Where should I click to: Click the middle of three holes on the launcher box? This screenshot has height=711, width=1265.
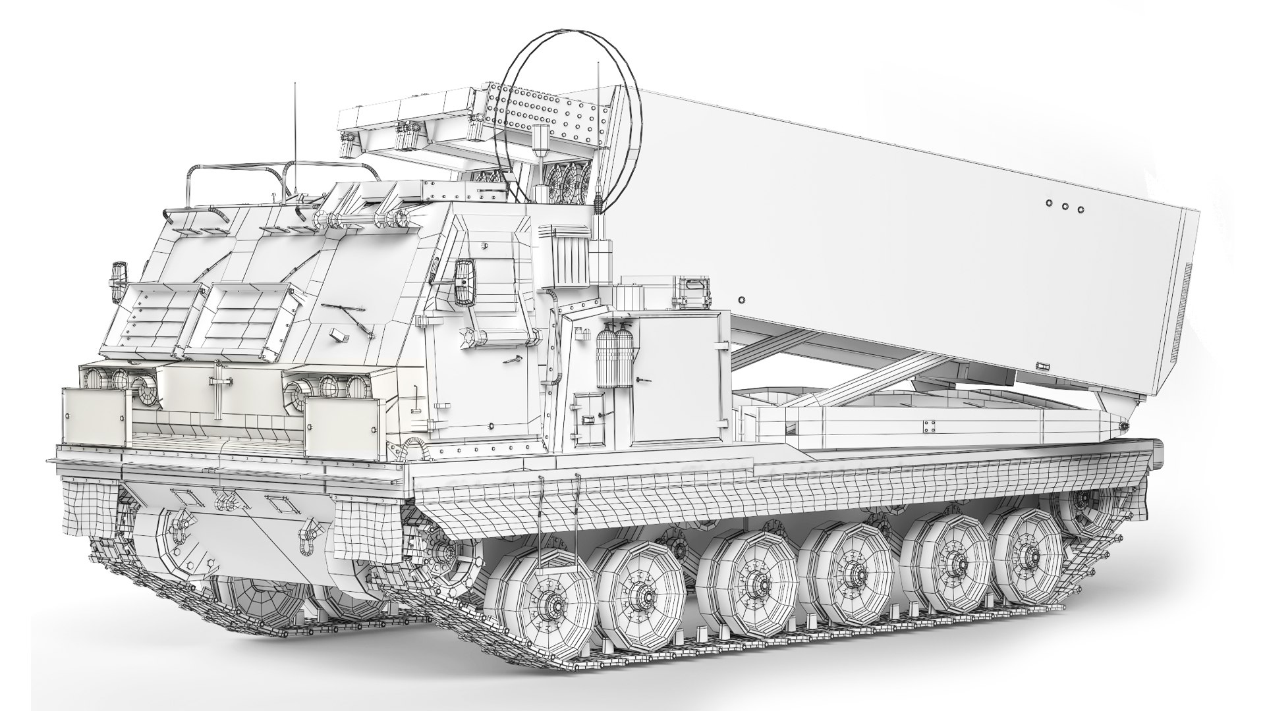click(1064, 207)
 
